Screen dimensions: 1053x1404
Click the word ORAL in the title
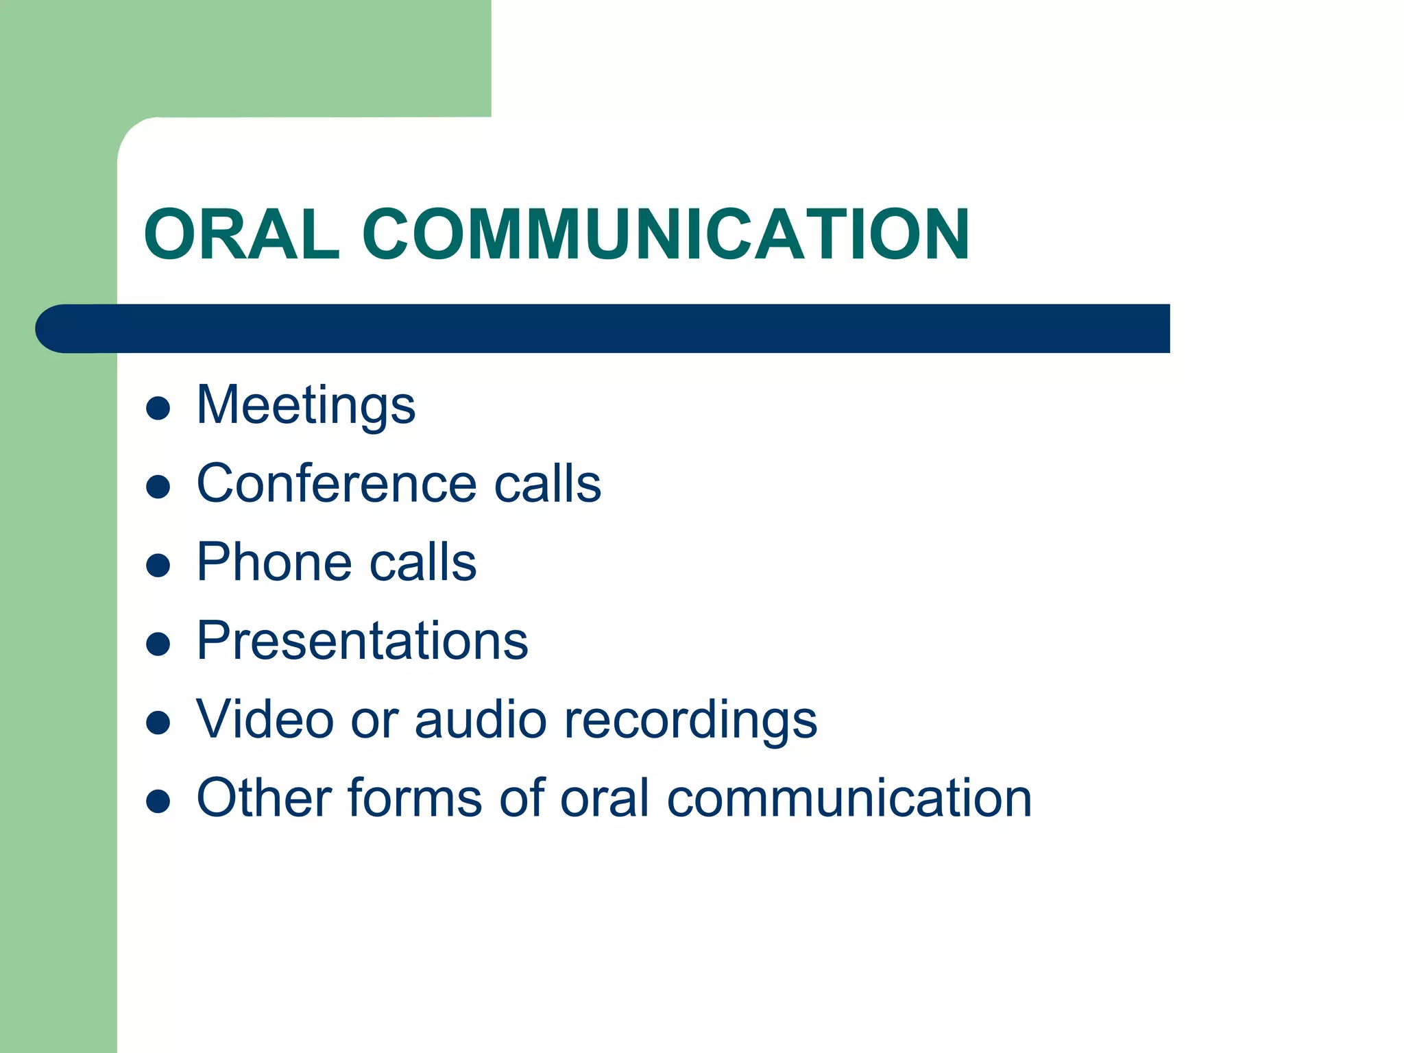click(x=241, y=234)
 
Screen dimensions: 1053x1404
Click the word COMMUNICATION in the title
click(x=666, y=234)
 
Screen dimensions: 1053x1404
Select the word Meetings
click(x=306, y=406)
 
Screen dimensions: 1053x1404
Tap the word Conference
click(x=336, y=483)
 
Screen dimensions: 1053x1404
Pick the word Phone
click(x=274, y=562)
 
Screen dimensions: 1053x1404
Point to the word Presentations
click(x=362, y=641)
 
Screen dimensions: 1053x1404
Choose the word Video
click(x=265, y=720)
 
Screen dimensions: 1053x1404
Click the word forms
click(x=415, y=798)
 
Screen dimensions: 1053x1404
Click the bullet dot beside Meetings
click(x=158, y=409)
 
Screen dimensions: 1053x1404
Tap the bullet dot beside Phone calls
click(x=158, y=566)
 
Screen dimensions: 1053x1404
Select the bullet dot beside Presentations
click(x=158, y=644)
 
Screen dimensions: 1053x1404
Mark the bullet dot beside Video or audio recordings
click(x=158, y=723)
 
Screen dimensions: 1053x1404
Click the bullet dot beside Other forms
click(x=158, y=801)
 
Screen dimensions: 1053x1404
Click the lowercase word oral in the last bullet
click(x=605, y=798)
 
